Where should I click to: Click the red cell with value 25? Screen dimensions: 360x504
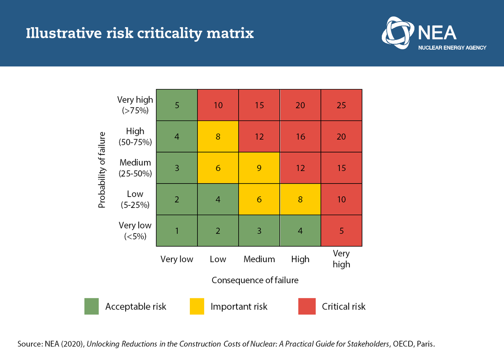(x=341, y=105)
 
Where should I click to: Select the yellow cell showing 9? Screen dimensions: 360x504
(x=259, y=168)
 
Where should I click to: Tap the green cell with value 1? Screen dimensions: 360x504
(x=177, y=231)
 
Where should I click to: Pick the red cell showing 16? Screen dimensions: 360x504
(x=300, y=137)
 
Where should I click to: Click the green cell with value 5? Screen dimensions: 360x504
(x=177, y=105)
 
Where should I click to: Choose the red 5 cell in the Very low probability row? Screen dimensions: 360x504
(x=341, y=231)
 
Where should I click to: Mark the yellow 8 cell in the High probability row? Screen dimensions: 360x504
(x=218, y=137)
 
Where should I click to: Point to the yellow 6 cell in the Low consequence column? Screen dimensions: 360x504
(x=218, y=168)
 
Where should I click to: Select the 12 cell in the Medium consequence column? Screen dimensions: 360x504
(x=259, y=137)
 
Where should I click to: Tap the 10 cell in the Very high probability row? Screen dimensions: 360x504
(x=218, y=105)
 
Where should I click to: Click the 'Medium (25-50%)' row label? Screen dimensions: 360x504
(x=135, y=168)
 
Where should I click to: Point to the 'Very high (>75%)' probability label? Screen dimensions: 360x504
(x=135, y=105)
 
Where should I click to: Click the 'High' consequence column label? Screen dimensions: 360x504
(x=300, y=259)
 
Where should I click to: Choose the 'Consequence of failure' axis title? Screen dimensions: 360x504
(x=255, y=280)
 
